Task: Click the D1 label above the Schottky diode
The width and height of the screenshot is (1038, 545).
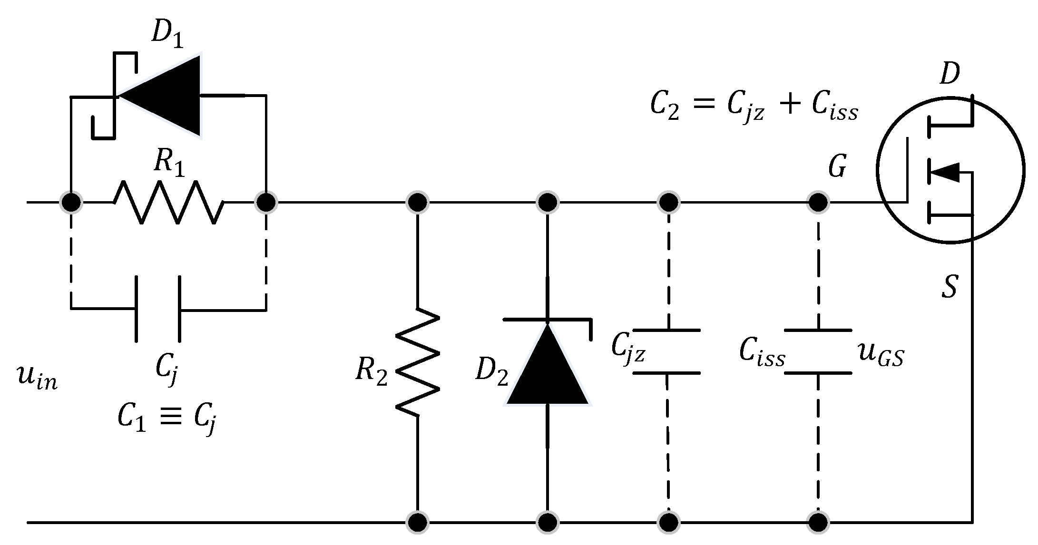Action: coord(166,35)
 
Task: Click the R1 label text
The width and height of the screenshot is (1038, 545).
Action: coord(169,165)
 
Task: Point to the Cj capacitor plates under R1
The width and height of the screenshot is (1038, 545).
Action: coord(158,309)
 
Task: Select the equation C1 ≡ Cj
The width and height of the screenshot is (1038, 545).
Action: coord(167,419)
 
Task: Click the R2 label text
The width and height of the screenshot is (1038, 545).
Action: coord(372,371)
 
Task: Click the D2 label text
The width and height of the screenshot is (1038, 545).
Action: coord(491,371)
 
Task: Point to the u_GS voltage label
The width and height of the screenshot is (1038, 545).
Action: coord(880,354)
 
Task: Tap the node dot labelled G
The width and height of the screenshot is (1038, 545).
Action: coord(818,203)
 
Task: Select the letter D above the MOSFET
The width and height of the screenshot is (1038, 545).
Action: coord(950,74)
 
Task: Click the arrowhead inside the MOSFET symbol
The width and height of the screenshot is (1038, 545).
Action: coord(944,172)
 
